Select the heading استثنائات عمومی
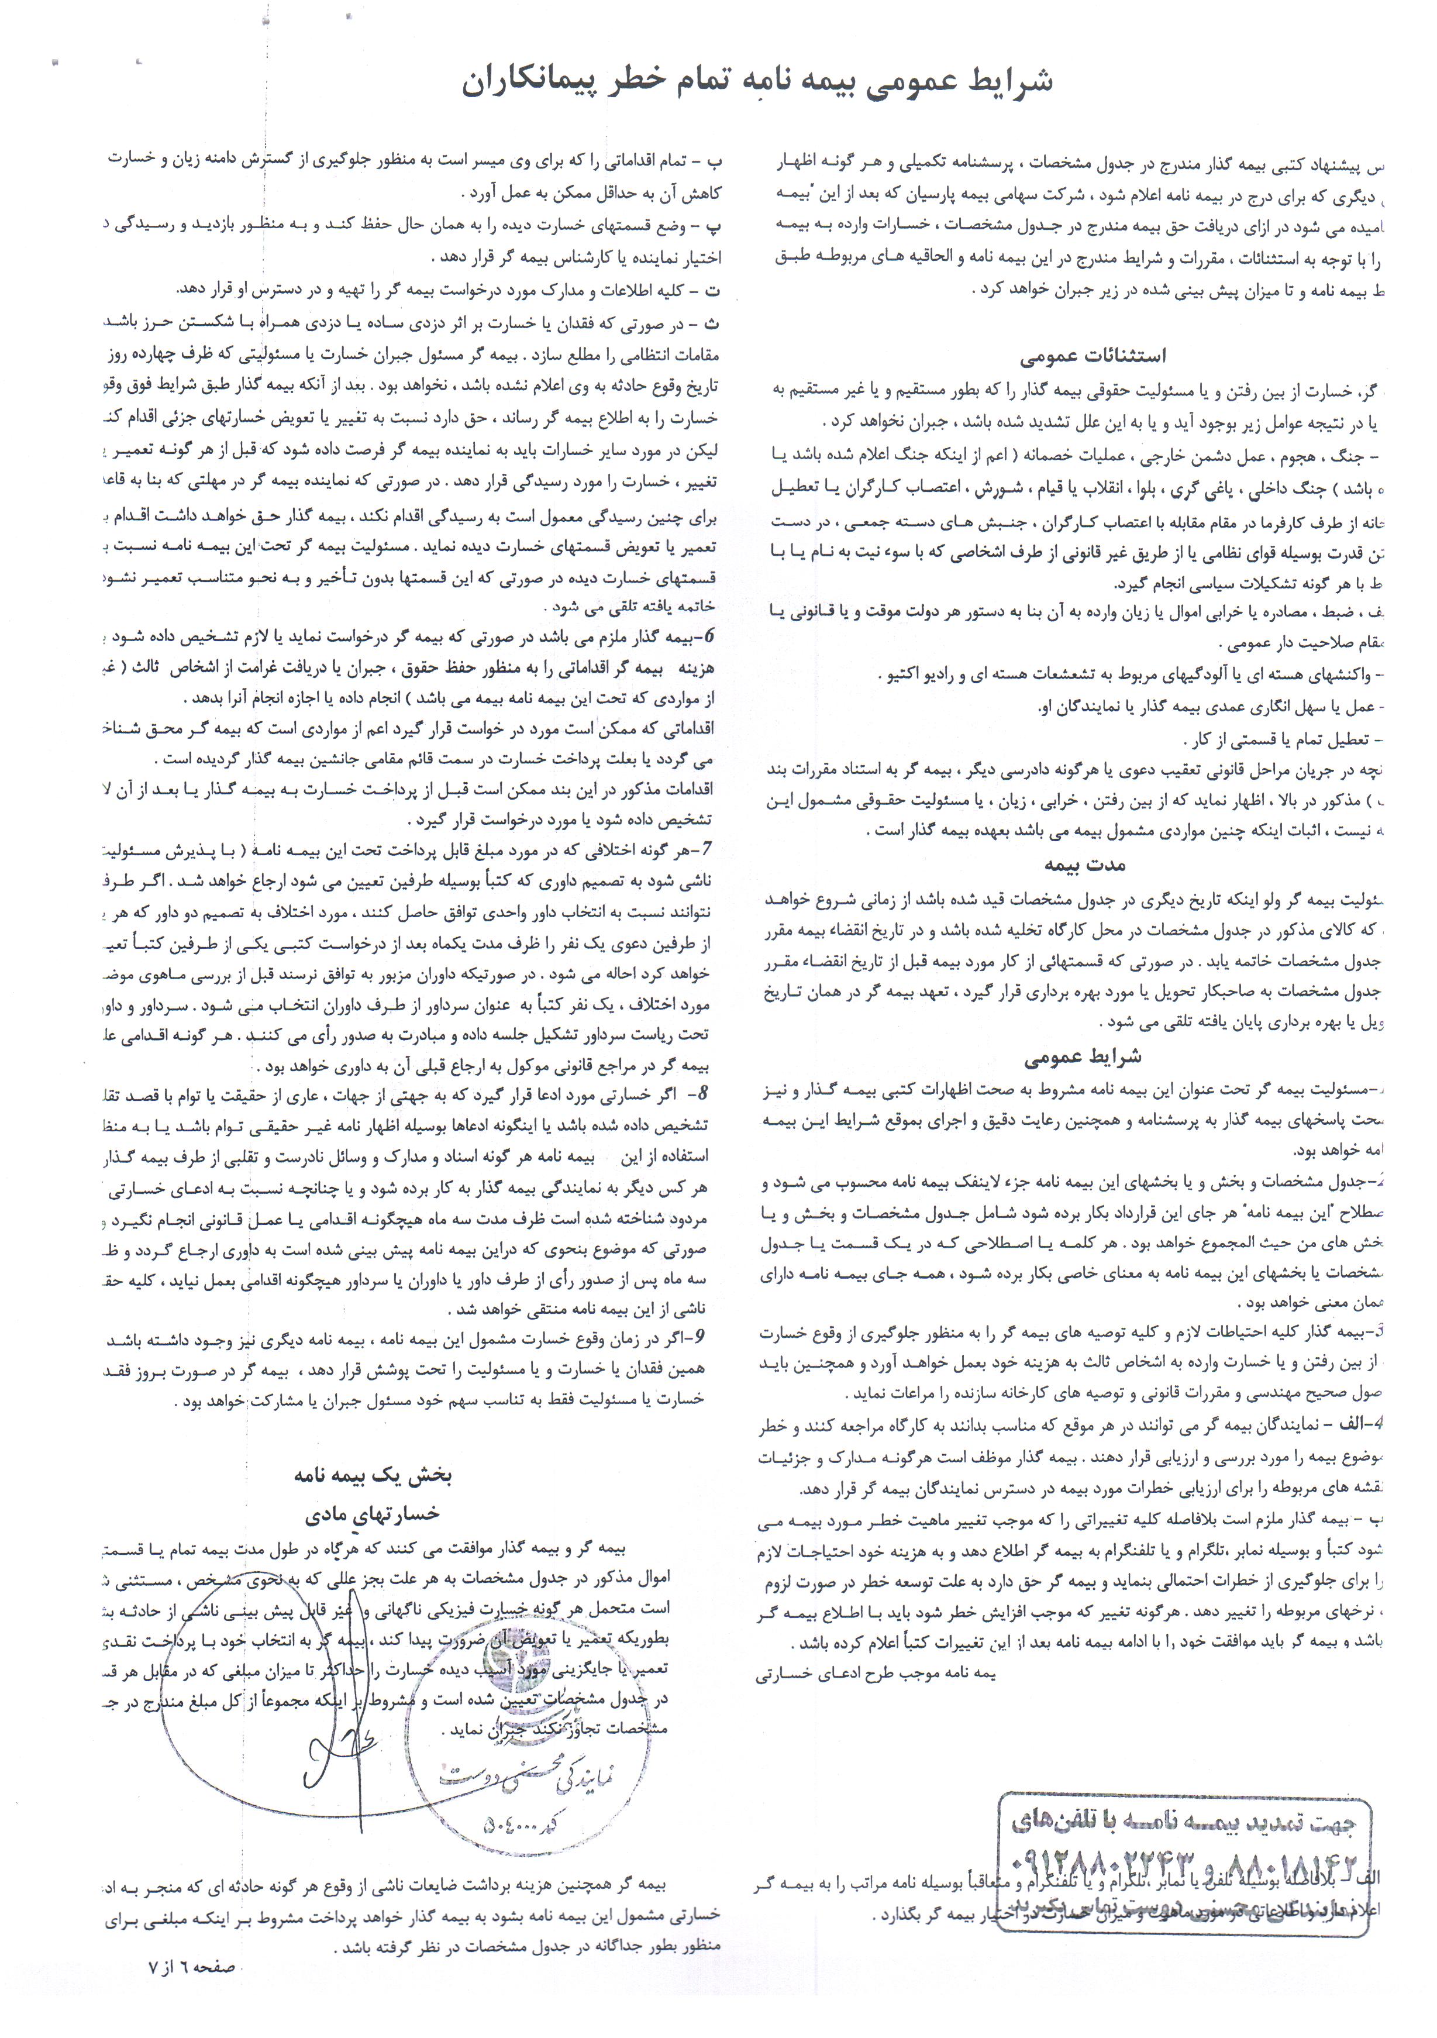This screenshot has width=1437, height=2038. [x=1092, y=357]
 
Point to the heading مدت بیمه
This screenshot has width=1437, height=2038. [x=1085, y=865]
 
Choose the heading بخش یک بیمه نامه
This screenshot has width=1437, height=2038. [x=373, y=1476]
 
